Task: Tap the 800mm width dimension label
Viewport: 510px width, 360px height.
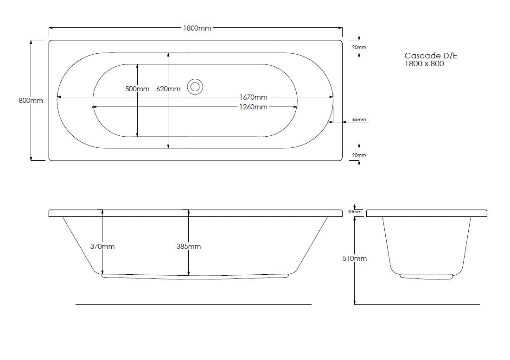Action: [x=31, y=101]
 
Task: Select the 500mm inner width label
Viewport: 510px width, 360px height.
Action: [x=137, y=89]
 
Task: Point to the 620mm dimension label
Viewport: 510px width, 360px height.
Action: [x=168, y=89]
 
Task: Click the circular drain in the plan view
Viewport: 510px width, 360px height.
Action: [x=195, y=86]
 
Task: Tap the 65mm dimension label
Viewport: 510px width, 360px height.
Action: [x=359, y=120]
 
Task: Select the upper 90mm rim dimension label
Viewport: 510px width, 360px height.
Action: [x=359, y=47]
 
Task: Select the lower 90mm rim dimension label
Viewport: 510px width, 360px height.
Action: [x=359, y=155]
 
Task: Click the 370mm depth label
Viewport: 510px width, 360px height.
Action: [x=102, y=246]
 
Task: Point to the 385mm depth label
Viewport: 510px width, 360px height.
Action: [x=188, y=246]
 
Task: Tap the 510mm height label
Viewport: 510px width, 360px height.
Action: [x=355, y=259]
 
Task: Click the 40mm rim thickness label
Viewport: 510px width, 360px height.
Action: [x=355, y=212]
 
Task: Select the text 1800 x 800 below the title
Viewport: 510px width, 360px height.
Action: [x=424, y=64]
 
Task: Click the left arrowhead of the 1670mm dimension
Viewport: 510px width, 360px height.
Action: [x=58, y=97]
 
